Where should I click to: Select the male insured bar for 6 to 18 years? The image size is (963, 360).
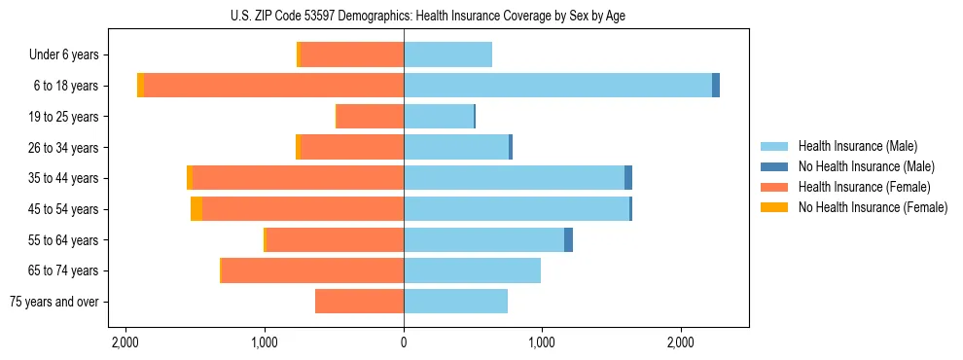[557, 86]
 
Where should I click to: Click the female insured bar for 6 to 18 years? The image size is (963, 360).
[273, 86]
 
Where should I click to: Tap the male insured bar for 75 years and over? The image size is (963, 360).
[455, 302]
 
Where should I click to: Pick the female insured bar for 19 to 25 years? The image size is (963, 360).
[370, 117]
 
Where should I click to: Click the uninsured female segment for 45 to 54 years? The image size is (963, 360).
[196, 209]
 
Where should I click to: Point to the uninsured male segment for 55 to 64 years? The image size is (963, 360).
[568, 240]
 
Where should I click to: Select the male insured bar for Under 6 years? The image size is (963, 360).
[447, 54]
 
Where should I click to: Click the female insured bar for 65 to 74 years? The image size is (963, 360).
[312, 270]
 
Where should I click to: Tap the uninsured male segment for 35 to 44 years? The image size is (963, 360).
[628, 178]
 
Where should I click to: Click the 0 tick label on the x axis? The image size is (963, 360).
[404, 342]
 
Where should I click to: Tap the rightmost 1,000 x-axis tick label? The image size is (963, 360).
[542, 342]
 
